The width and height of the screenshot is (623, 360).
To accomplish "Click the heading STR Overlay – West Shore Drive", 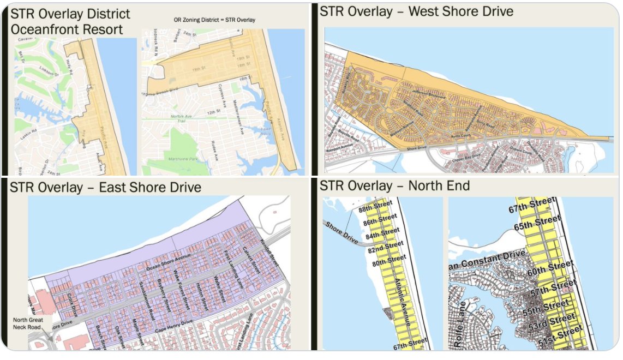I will (x=416, y=11).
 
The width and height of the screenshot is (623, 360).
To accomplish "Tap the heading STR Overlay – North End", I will (x=394, y=186).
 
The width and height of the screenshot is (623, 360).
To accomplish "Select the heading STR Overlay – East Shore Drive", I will (x=106, y=188).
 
